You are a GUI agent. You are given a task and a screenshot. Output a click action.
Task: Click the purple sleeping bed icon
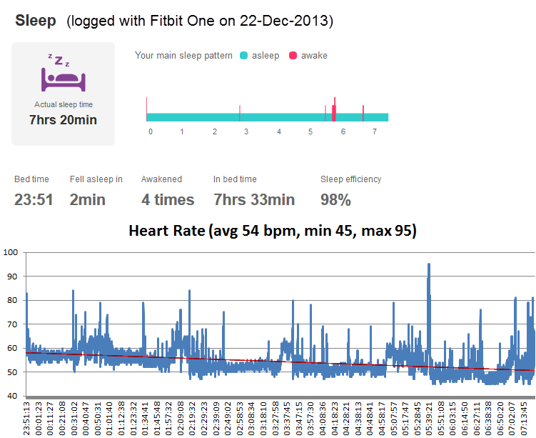pyautogui.click(x=63, y=74)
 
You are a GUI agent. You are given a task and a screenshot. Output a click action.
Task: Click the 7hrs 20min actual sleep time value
pyautogui.click(x=63, y=120)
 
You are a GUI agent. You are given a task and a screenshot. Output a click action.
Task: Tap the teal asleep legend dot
pyautogui.click(x=244, y=55)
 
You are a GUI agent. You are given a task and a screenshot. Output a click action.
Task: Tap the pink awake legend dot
pyautogui.click(x=293, y=55)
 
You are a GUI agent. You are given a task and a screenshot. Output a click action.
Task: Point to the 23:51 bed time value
pyautogui.click(x=34, y=199)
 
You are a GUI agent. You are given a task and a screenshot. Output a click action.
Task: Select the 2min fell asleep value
pyautogui.click(x=87, y=199)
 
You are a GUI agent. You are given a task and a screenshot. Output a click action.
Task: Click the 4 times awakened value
pyautogui.click(x=168, y=199)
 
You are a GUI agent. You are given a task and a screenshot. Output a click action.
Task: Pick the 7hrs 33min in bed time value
pyautogui.click(x=254, y=199)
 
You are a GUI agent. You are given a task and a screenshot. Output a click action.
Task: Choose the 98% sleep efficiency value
pyautogui.click(x=335, y=199)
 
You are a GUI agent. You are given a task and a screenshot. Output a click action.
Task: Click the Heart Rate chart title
pyautogui.click(x=273, y=231)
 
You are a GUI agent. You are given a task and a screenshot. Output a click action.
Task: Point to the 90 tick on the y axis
pyautogui.click(x=11, y=277)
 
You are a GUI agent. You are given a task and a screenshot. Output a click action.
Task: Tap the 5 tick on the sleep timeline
pyautogui.click(x=310, y=132)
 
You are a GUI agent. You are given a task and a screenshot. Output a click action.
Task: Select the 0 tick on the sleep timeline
pyautogui.click(x=150, y=132)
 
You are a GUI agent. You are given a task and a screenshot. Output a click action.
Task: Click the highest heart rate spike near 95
pyautogui.click(x=428, y=265)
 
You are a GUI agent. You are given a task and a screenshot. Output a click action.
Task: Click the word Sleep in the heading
pyautogui.click(x=36, y=20)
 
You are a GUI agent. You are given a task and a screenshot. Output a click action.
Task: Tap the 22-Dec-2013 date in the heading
pyautogui.click(x=288, y=21)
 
